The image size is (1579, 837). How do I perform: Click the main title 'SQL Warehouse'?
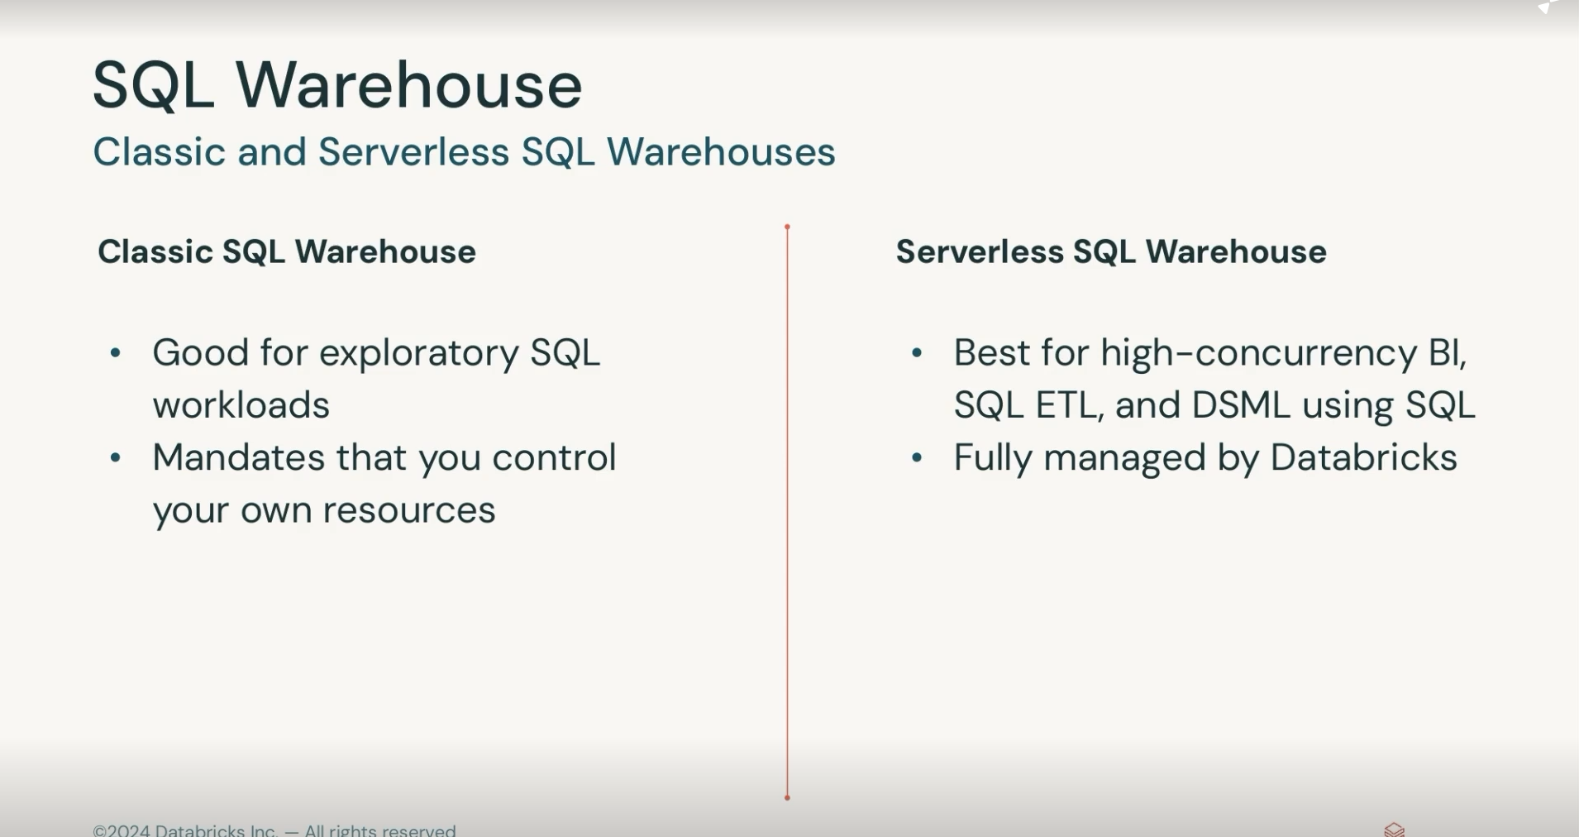(337, 84)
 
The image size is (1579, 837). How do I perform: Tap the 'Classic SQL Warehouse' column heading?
(287, 251)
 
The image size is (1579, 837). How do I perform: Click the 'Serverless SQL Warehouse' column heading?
(1111, 251)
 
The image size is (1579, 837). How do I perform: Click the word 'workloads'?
(241, 405)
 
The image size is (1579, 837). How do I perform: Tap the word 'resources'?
(409, 510)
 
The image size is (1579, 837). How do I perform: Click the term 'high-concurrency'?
(1259, 354)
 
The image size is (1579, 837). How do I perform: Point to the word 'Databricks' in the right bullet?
(1363, 457)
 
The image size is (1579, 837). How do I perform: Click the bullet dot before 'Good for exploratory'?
(116, 353)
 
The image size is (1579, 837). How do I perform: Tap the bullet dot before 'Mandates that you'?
(116, 457)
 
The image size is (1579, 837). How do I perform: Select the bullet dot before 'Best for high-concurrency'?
(917, 353)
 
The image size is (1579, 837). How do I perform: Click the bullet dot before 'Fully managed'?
(917, 457)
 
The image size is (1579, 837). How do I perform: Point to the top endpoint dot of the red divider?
(787, 227)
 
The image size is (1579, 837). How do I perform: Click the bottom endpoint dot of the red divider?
(787, 797)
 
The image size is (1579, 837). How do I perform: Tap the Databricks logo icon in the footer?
(1395, 830)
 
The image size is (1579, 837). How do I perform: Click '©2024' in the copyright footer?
(122, 830)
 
